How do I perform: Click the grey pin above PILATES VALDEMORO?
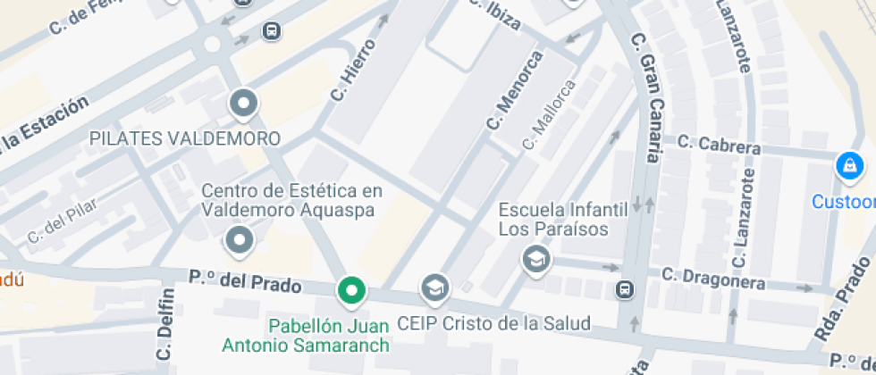[x=242, y=104]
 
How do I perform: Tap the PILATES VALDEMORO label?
[x=185, y=139]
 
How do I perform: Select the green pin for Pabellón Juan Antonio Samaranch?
[x=351, y=290]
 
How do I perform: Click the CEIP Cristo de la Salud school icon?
[x=435, y=287]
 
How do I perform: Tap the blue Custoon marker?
[x=847, y=166]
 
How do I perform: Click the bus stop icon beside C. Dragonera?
[x=624, y=289]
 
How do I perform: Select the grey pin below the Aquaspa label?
[x=239, y=239]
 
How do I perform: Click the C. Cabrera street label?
[x=719, y=144]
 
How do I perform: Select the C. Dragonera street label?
[x=712, y=278]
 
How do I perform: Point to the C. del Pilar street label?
[x=63, y=222]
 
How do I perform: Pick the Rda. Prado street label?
[x=843, y=300]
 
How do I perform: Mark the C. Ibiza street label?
[x=493, y=13]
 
